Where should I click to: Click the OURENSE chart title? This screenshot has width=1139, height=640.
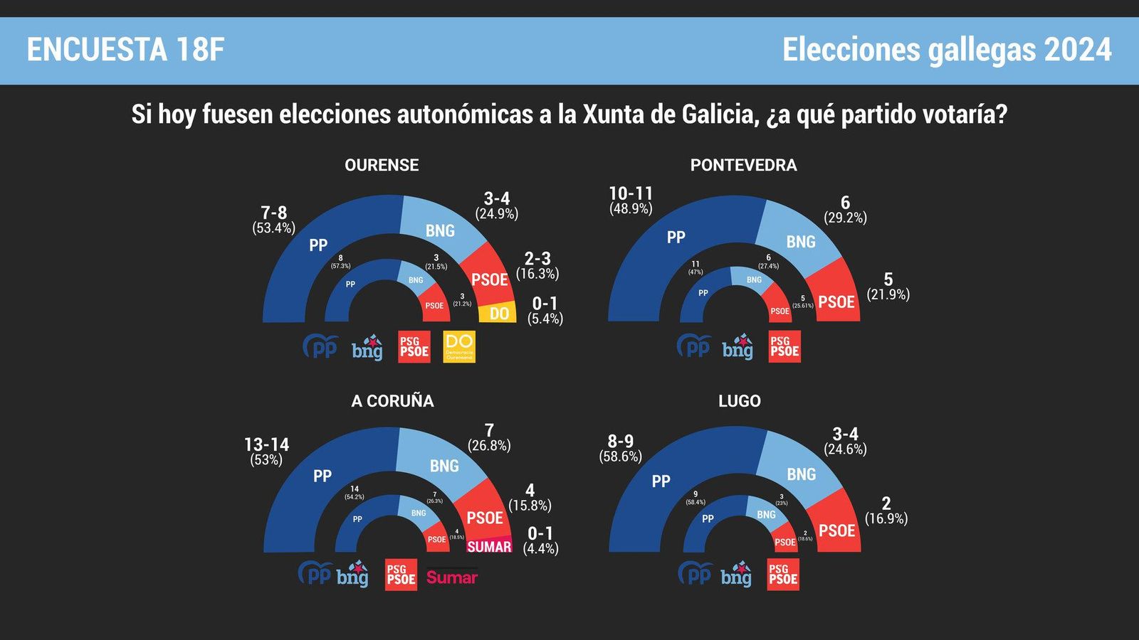(382, 165)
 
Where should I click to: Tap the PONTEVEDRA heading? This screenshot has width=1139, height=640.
(743, 165)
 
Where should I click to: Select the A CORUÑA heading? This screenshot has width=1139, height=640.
(392, 401)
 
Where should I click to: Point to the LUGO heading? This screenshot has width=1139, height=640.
(739, 401)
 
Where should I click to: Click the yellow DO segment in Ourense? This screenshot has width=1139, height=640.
(498, 313)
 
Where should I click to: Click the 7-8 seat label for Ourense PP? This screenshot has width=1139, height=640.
(273, 213)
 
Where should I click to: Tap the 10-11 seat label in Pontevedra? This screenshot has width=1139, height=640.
(631, 193)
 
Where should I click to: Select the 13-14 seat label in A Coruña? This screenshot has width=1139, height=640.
(266, 444)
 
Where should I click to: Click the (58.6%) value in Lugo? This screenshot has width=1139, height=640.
(620, 457)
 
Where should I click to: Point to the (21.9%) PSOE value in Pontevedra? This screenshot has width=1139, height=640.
(888, 294)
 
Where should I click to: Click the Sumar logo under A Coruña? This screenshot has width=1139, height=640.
(451, 577)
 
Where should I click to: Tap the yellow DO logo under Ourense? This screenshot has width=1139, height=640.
(459, 347)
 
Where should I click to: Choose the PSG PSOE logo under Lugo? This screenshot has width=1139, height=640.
(783, 575)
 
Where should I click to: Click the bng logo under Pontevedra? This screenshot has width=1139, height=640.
(738, 348)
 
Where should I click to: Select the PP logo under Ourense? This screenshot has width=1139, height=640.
(320, 347)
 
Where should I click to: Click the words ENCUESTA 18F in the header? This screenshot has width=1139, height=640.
(125, 50)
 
